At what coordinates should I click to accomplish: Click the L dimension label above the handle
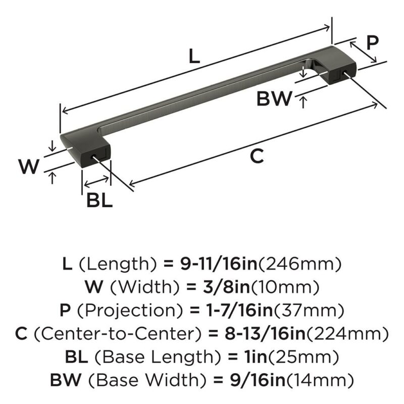coord(194,56)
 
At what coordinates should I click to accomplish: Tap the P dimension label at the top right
coord(372,43)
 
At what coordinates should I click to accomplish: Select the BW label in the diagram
coord(274,98)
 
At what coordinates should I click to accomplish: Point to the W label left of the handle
coord(29,166)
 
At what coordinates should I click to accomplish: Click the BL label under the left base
coord(99,200)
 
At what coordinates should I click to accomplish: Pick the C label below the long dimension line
coord(257,156)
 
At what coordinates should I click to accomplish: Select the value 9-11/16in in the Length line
coord(219,264)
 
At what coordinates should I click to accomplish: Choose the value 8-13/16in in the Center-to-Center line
coord(265,333)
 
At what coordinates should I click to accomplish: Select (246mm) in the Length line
coord(299,264)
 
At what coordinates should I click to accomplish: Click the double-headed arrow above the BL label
coord(96,181)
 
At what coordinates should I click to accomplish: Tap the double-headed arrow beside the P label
coord(363,53)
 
